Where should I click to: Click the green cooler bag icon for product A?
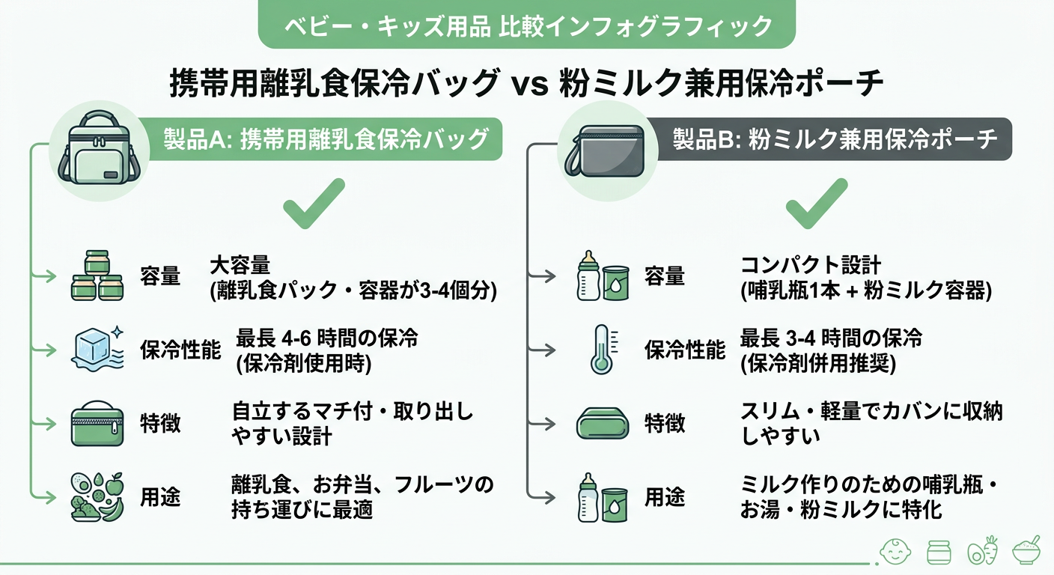[x=98, y=153]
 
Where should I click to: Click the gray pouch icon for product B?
[x=604, y=151]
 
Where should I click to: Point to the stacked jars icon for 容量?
[x=97, y=276]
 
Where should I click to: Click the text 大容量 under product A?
[x=239, y=266]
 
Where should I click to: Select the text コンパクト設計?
[x=811, y=266]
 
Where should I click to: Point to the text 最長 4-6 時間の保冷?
[x=326, y=338]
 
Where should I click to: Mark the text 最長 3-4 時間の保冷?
[x=831, y=338]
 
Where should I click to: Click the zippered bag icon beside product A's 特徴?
[x=97, y=424]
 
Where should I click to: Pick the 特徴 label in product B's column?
[x=665, y=424]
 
